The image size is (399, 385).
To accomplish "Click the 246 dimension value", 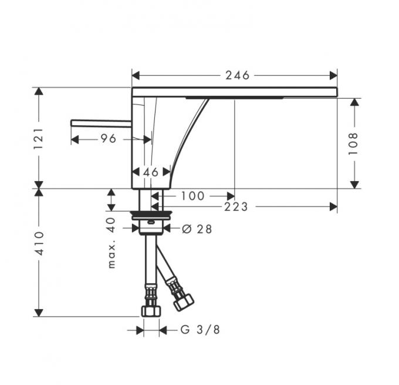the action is click(x=238, y=75).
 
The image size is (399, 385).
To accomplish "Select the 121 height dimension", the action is click(x=39, y=139).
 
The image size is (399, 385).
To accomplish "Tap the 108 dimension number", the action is click(x=353, y=143).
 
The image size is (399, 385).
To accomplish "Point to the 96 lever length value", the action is click(x=109, y=139).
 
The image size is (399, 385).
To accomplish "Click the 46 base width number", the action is click(x=151, y=172).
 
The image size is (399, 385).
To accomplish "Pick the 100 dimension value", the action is click(x=192, y=196).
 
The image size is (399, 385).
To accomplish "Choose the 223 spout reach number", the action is click(x=236, y=207).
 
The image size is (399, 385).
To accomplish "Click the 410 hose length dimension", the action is click(x=39, y=243).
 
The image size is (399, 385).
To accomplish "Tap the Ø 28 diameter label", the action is click(x=197, y=229).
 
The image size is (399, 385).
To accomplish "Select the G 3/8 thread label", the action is click(x=200, y=330).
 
